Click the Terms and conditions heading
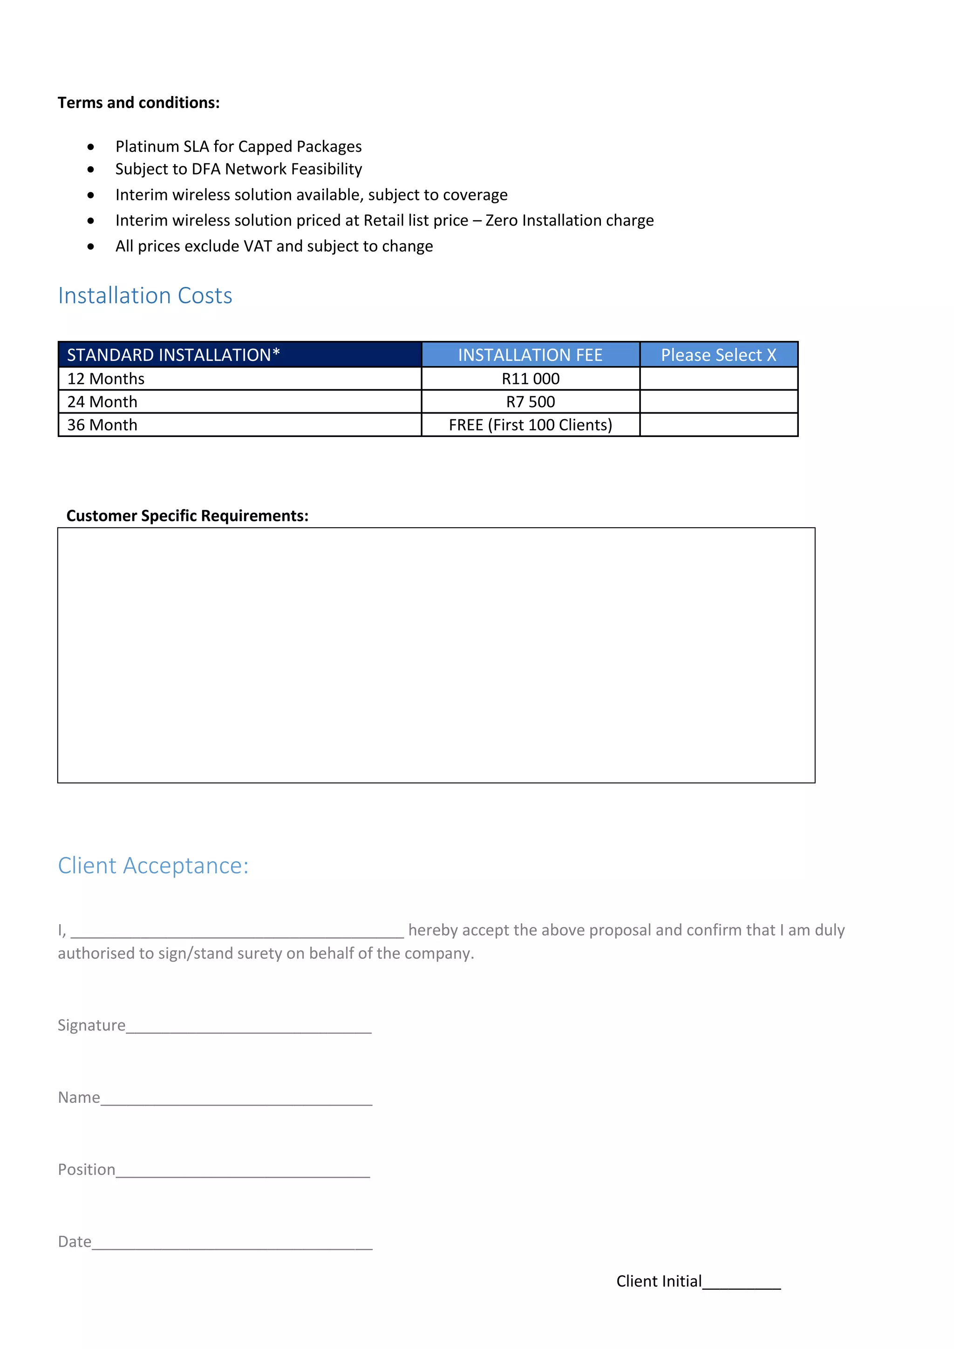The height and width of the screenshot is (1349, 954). (139, 103)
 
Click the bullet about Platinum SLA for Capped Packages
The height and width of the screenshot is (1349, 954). (238, 146)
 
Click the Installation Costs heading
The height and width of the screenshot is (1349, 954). (145, 295)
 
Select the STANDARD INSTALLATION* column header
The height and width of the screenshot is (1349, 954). (173, 355)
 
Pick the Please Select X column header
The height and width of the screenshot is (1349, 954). (718, 355)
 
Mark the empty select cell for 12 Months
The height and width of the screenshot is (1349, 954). (718, 379)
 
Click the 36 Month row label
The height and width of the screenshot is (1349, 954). (102, 425)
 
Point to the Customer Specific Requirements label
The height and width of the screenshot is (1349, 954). (187, 516)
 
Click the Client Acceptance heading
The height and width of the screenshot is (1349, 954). (153, 866)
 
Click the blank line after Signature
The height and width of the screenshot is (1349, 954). (249, 1028)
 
